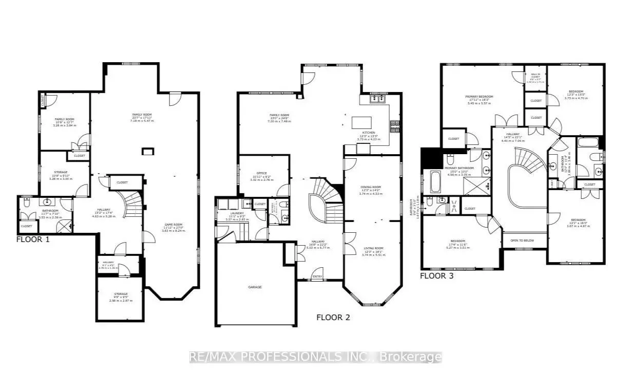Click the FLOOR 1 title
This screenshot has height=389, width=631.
[x=33, y=239]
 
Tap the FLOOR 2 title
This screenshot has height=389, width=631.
[x=333, y=317]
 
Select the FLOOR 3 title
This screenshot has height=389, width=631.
[x=437, y=276]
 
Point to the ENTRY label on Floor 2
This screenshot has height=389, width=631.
[x=318, y=277]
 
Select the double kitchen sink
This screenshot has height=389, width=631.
[x=379, y=98]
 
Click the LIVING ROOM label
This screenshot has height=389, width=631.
[x=372, y=248]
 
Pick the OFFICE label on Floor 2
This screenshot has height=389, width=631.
[x=261, y=173]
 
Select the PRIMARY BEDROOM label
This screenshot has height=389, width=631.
[x=479, y=97]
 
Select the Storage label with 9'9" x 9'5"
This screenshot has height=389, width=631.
[x=121, y=294]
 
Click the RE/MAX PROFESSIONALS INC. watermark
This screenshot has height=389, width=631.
[x=315, y=357]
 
